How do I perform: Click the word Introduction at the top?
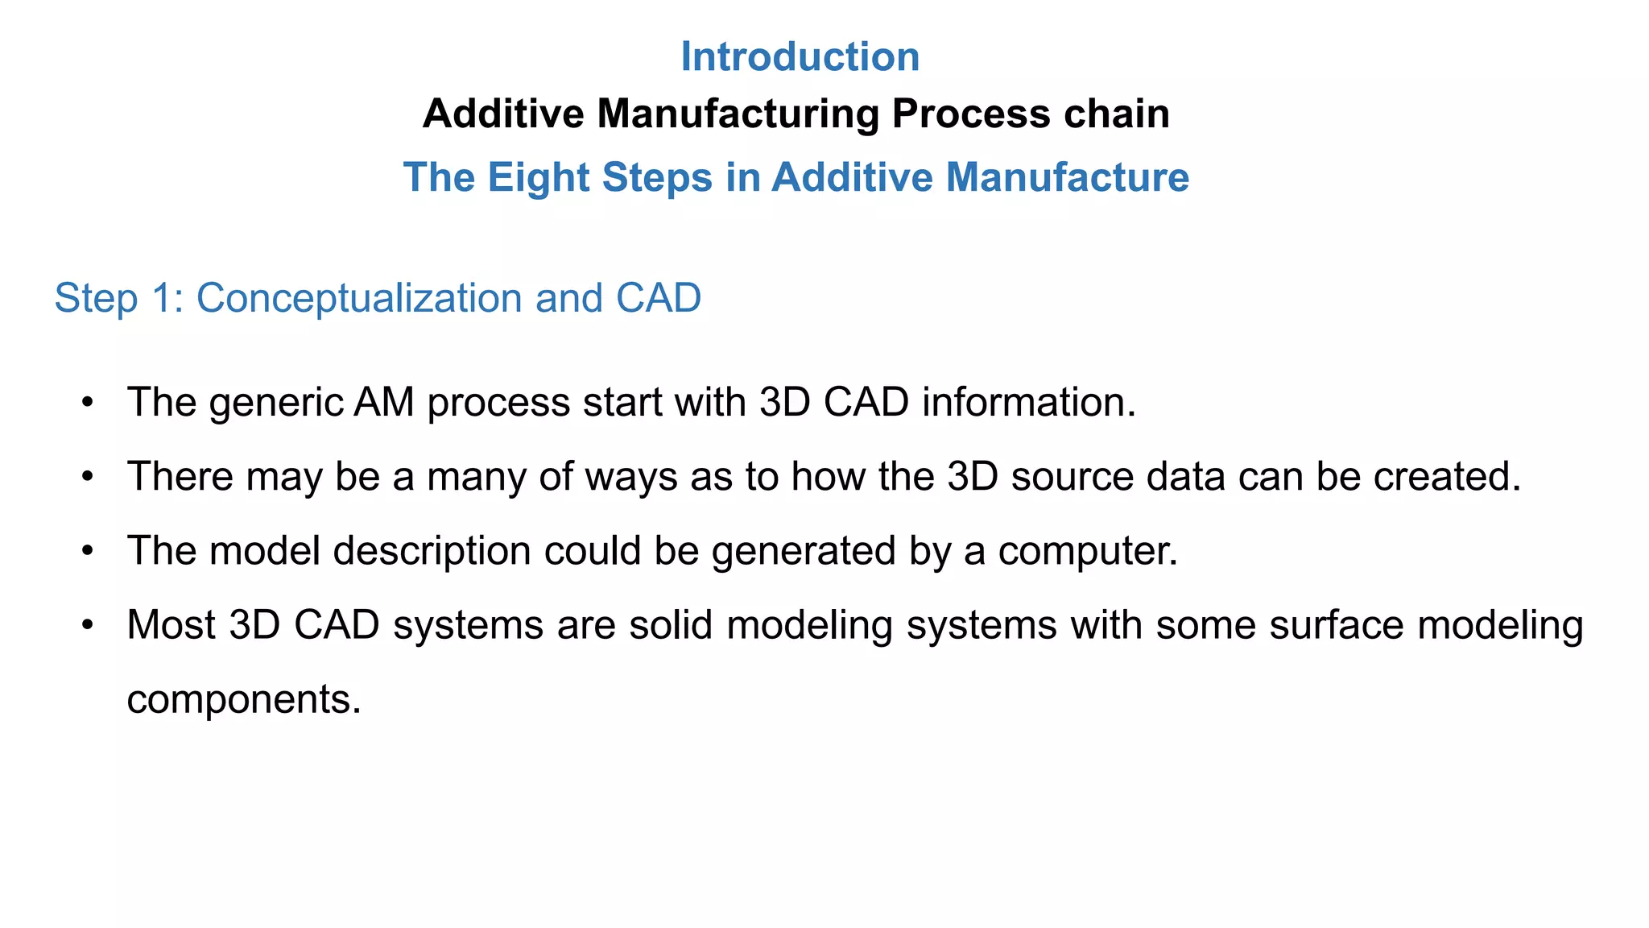(x=800, y=57)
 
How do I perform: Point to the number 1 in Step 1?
(x=162, y=298)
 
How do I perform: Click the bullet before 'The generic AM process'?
(x=89, y=402)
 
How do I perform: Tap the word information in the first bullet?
(x=1027, y=402)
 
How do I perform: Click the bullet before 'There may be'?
(x=89, y=476)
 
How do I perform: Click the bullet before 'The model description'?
(x=89, y=550)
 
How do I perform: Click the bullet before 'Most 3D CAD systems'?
(x=89, y=624)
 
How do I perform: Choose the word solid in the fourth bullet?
(x=671, y=624)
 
